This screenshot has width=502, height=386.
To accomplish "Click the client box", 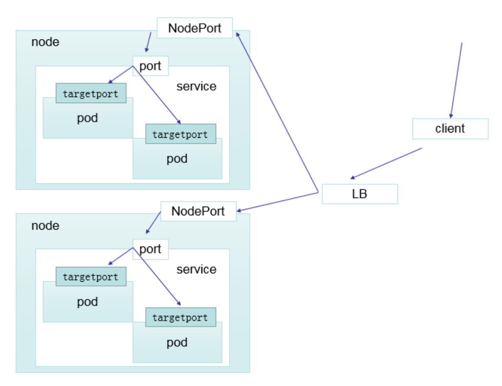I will [450, 129].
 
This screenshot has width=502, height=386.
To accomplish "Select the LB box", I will [359, 194].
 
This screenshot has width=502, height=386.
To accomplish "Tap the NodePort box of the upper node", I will [194, 28].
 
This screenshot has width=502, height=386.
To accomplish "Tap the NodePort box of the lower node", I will [198, 211].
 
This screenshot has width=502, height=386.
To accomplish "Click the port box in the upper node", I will [150, 66].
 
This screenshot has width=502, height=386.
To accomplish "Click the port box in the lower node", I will [150, 249].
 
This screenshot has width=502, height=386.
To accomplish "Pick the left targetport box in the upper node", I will [91, 94].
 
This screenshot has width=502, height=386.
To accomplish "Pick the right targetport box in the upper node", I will [180, 134].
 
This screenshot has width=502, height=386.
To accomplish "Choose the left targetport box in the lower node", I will [91, 277].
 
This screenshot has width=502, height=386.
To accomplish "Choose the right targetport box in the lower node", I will [180, 318].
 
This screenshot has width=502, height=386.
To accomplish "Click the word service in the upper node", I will [196, 86].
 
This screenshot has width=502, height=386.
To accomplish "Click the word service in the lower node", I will [196, 269].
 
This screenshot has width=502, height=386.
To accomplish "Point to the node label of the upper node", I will [45, 42].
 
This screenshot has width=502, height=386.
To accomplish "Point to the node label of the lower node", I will [45, 226].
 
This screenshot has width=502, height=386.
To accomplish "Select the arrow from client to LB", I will [386, 163].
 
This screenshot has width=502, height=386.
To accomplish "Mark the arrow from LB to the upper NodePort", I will [278, 113].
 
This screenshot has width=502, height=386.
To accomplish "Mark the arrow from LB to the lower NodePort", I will [278, 202].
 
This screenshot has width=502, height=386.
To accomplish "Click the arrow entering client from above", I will [456, 80].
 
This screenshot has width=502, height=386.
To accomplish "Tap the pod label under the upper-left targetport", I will [87, 118].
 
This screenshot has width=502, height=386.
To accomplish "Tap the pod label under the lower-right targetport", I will [177, 342].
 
